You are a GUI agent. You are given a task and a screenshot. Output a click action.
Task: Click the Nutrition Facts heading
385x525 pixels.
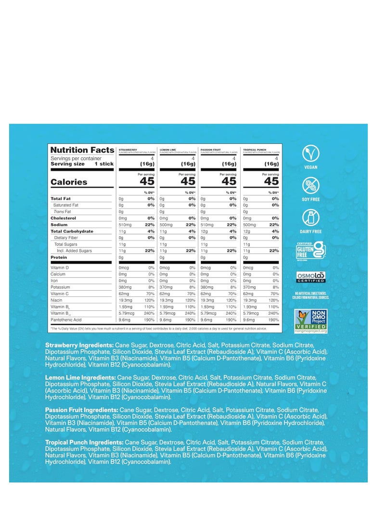[82, 150]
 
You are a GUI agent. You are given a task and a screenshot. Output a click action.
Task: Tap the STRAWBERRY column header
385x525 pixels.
[128, 150]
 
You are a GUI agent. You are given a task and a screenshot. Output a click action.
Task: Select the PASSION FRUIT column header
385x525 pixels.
[211, 150]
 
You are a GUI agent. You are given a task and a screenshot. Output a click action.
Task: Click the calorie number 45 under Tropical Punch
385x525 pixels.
[271, 181]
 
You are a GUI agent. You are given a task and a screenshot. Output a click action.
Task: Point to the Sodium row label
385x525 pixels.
[59, 225]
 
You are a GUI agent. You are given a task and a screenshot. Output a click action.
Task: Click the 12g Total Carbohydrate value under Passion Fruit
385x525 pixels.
[204, 231]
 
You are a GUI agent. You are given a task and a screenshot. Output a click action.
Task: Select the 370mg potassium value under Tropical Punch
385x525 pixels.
[250, 287]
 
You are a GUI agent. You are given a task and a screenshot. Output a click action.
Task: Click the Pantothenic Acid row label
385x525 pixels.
[66, 320]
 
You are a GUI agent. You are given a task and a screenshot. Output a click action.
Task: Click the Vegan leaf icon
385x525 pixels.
[310, 154]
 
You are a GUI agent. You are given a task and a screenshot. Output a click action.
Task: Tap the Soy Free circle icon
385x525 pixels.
[310, 186]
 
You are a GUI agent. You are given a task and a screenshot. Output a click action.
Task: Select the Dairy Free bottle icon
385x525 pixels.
[310, 218]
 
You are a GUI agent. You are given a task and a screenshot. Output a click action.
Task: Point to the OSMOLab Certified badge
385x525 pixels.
[310, 277]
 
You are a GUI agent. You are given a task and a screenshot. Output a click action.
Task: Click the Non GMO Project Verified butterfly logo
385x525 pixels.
[310, 321]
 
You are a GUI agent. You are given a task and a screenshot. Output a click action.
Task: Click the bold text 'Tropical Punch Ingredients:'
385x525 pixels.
[84, 442]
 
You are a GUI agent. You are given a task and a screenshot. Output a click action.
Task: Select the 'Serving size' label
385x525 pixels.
[67, 164]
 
